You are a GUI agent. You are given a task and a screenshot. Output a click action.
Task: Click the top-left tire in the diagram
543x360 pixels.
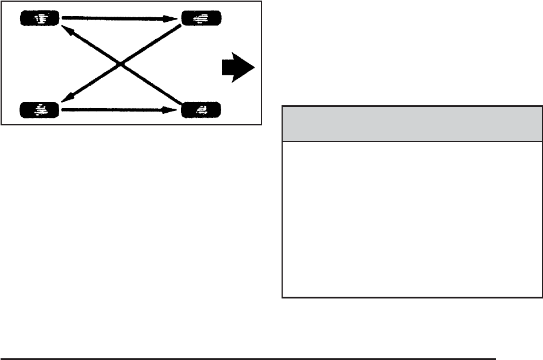coord(40,19)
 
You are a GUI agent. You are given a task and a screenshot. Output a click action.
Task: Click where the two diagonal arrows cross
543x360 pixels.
coord(120,64)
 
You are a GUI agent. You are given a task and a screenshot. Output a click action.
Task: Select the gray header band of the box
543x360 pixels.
coord(411,124)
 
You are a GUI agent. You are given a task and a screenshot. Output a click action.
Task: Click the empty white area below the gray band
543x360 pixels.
coord(411,219)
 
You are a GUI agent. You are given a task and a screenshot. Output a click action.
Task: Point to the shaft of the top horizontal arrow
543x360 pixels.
coord(115,19)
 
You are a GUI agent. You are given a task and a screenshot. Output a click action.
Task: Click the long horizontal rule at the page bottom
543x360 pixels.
coord(247,358)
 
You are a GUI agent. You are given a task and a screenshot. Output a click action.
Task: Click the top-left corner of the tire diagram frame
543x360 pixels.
coord(2,2)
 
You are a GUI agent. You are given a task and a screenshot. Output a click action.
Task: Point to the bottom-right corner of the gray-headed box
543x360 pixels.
coord(541,297)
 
